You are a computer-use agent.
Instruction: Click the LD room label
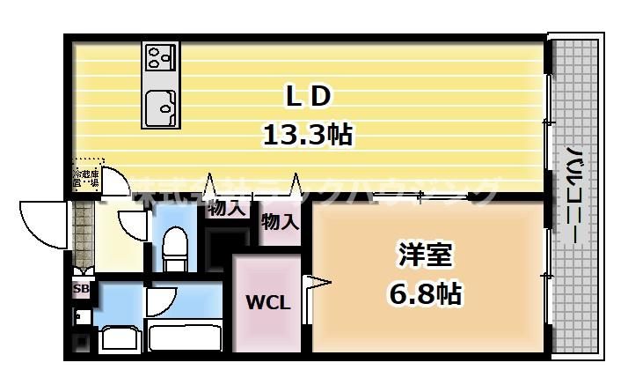pyautogui.click(x=307, y=93)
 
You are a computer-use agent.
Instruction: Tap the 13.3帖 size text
pyautogui.click(x=307, y=134)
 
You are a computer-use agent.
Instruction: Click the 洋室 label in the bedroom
pyautogui.click(x=425, y=255)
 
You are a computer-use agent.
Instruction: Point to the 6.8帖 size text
pyautogui.click(x=425, y=293)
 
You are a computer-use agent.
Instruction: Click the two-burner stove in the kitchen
pyautogui.click(x=159, y=58)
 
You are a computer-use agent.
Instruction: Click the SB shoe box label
pyautogui.click(x=80, y=289)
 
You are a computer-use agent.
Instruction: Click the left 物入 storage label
pyautogui.click(x=226, y=210)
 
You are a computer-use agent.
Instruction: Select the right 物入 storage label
pyautogui.click(x=281, y=222)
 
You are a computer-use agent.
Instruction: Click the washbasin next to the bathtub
pyautogui.click(x=115, y=338)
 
